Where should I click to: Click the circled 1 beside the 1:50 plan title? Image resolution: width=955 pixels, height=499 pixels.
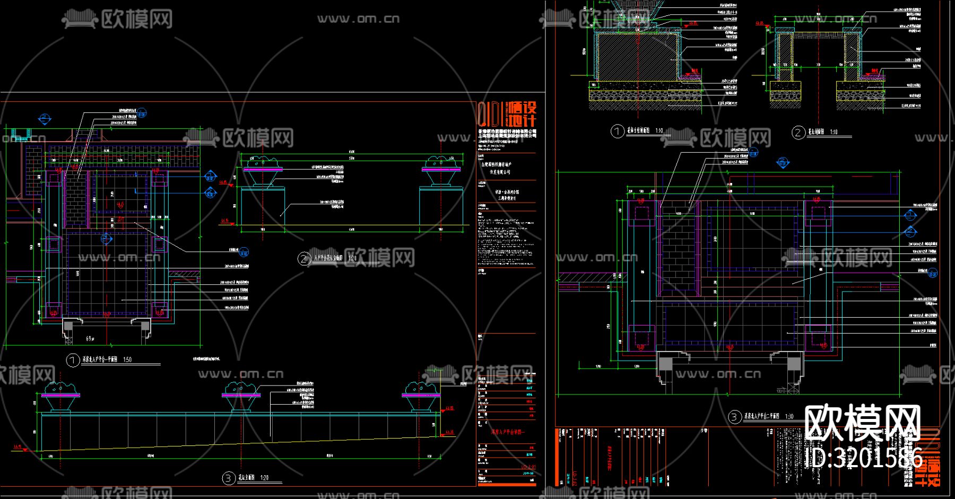(73, 360)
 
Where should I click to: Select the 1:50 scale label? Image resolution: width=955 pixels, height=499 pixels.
(127, 360)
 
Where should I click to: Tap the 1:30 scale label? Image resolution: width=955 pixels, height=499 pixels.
(789, 416)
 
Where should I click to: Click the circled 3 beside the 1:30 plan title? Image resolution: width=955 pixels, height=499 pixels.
(734, 417)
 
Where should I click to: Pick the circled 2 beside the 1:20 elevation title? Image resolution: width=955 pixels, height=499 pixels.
(303, 259)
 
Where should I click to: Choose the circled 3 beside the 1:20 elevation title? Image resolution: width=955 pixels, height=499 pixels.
(228, 478)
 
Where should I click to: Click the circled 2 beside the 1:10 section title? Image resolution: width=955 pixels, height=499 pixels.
(798, 132)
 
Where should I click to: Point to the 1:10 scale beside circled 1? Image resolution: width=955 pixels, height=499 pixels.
(659, 130)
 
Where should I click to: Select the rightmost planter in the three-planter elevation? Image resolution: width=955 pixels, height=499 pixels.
(422, 397)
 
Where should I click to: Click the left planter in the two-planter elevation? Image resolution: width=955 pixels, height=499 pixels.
(263, 170)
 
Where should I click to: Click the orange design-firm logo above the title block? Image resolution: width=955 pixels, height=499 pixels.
(508, 114)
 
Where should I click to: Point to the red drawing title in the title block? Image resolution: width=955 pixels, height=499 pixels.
(508, 432)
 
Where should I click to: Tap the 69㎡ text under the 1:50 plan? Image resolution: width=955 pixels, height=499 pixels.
(91, 338)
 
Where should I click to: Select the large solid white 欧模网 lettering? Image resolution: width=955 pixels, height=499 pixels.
(862, 423)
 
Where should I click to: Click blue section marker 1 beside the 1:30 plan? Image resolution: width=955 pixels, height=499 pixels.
(910, 215)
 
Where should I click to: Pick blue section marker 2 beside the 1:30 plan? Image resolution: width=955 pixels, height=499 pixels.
(910, 232)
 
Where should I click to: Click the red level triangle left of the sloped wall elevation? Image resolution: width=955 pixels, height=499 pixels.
(23, 450)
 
